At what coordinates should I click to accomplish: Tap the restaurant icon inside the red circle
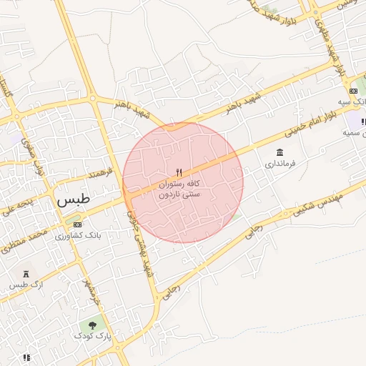point(179,172)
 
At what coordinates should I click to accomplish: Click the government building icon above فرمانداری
point(280,152)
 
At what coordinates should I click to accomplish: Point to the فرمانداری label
point(280,164)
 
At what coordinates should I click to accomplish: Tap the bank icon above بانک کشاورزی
point(77,224)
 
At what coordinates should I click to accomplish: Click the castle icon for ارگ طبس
point(26,274)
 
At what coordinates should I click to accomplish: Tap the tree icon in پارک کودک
point(94,325)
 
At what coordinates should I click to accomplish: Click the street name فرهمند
point(100,172)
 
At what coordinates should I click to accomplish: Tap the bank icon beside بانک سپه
point(353,91)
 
